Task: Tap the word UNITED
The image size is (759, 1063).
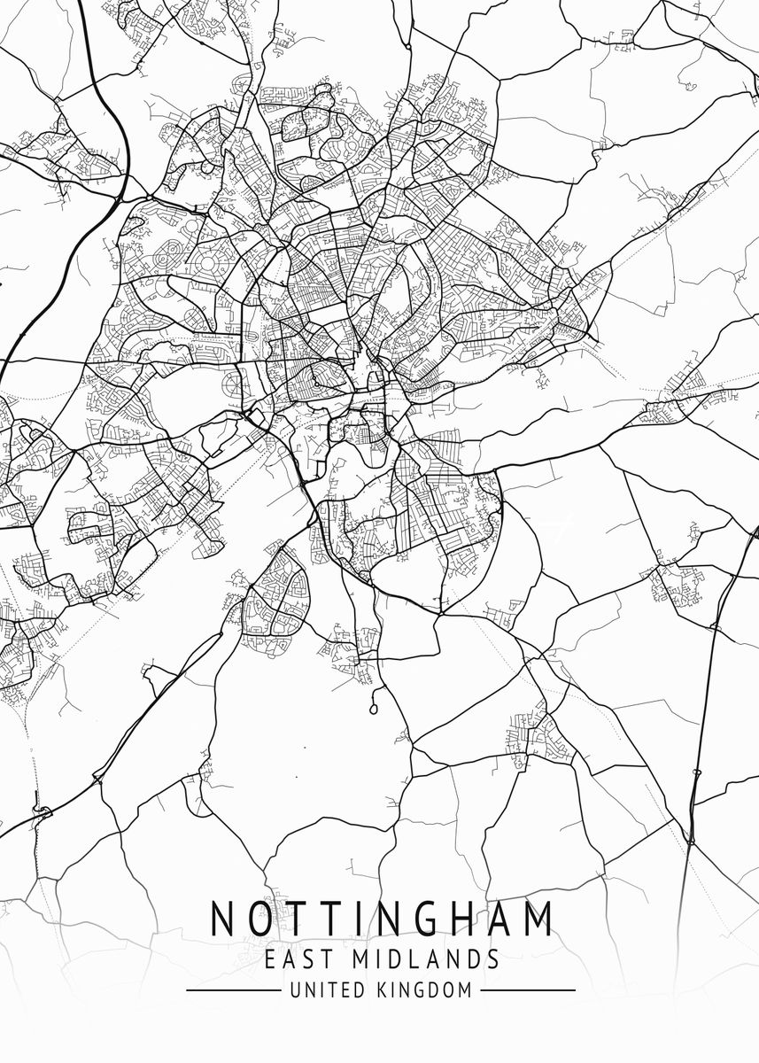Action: pos(322,990)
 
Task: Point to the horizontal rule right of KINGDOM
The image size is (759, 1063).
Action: pos(528,990)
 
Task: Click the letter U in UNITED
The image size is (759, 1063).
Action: pos(295,990)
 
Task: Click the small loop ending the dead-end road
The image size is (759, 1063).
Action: pos(373,710)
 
